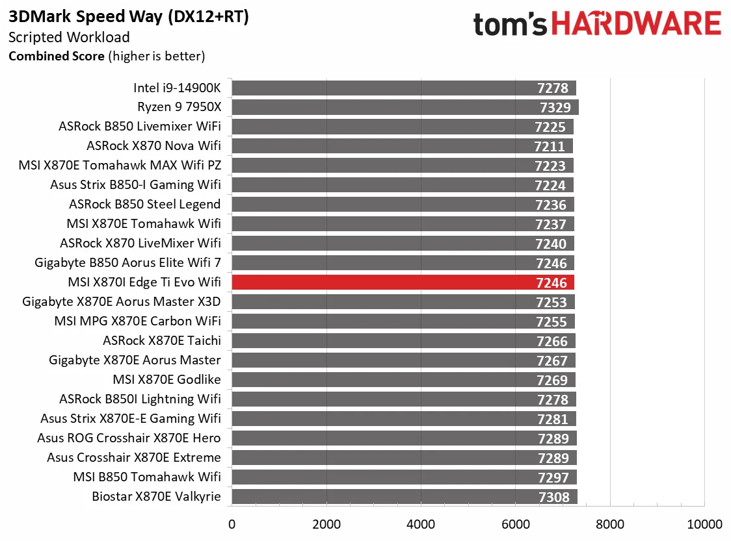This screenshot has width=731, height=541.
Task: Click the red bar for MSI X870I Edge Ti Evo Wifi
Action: tap(390, 283)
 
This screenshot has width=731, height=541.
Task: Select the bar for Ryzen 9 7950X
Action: tap(390, 107)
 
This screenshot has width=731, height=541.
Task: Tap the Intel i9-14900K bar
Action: tap(390, 88)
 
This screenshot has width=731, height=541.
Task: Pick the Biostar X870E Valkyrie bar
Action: tap(390, 497)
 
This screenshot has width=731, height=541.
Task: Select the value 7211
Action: tap(550, 146)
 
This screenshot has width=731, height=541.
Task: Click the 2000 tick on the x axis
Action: tap(326, 524)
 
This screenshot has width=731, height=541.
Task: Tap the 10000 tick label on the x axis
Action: tap(705, 524)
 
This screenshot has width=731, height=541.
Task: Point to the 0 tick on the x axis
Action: tap(232, 524)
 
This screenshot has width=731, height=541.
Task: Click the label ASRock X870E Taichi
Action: tap(162, 341)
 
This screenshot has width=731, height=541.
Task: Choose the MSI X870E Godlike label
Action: tap(166, 380)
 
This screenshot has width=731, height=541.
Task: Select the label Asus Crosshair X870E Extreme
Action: tap(134, 458)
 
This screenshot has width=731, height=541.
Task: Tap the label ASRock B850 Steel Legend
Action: tap(145, 205)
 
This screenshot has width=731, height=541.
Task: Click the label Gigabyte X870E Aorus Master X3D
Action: tap(122, 302)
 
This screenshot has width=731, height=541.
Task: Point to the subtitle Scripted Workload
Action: tap(69, 38)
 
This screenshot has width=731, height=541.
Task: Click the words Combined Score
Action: tap(56, 57)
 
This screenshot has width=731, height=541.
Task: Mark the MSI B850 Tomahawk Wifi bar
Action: tap(390, 477)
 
